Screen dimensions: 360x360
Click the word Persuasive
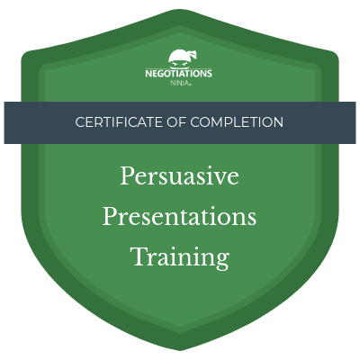(179, 177)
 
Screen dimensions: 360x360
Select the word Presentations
(179, 217)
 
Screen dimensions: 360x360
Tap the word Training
(179, 258)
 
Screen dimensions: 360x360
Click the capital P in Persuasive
(127, 176)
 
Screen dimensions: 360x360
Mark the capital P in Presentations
(110, 216)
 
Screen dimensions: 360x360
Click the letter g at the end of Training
(222, 261)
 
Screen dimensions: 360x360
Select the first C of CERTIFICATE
(81, 121)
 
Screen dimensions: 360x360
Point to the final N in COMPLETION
(279, 121)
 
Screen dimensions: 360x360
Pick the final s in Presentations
(252, 218)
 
